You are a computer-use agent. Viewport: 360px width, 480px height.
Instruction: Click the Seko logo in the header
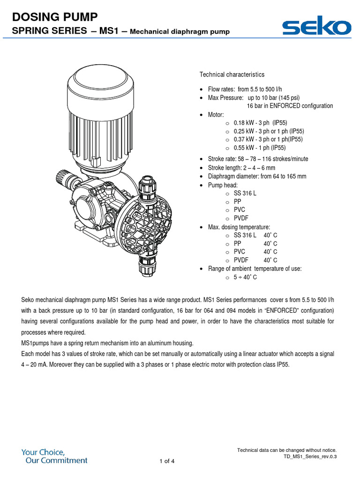[x=316, y=27]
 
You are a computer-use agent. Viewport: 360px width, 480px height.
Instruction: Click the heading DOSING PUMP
[x=55, y=17]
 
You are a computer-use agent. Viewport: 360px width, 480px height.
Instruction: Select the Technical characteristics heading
[x=232, y=75]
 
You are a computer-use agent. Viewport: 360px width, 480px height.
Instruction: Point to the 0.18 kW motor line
[x=260, y=123]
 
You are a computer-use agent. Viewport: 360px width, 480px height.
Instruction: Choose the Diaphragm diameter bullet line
[x=257, y=176]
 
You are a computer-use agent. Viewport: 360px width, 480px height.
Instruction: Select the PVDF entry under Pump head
[x=241, y=218]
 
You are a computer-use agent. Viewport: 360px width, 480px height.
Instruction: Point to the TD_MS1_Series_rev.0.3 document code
[x=310, y=456]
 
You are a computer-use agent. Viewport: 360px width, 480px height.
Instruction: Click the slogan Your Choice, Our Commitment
[x=54, y=456]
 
